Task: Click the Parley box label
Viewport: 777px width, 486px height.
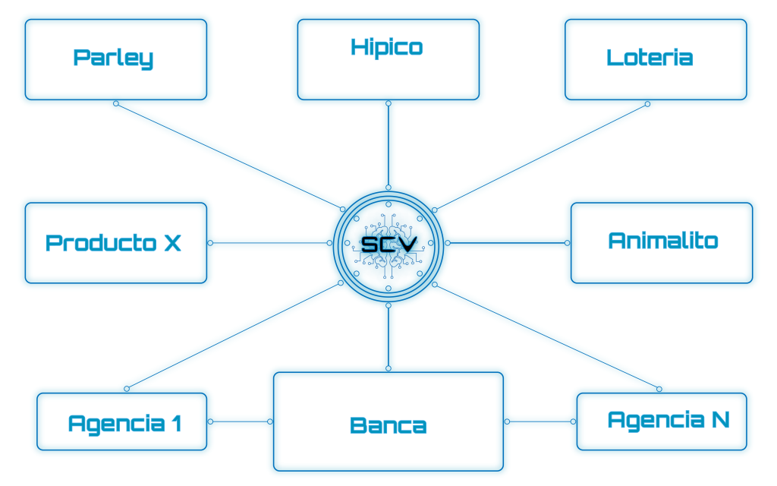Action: click(x=113, y=58)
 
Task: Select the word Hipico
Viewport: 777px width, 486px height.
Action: click(x=387, y=48)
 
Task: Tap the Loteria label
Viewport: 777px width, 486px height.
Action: click(x=650, y=58)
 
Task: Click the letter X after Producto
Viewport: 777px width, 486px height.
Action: click(x=173, y=243)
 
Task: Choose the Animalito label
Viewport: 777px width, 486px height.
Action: click(x=662, y=241)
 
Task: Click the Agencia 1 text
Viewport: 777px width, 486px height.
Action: click(x=124, y=422)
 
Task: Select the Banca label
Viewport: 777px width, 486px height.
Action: click(x=388, y=425)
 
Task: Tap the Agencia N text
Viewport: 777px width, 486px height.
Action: click(x=668, y=419)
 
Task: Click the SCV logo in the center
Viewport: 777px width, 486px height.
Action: click(x=388, y=243)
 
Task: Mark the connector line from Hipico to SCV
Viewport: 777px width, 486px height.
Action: click(x=388, y=144)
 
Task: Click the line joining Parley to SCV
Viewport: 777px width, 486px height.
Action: click(x=228, y=156)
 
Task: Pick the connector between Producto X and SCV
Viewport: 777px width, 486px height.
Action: click(x=269, y=243)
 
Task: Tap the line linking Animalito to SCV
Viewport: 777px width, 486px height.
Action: click(x=508, y=243)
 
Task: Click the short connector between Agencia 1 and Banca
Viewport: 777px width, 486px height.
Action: click(x=240, y=421)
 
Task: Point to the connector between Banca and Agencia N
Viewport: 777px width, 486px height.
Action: click(x=539, y=421)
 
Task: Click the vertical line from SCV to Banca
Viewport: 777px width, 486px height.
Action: click(x=388, y=338)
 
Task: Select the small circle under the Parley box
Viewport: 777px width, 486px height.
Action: click(x=116, y=103)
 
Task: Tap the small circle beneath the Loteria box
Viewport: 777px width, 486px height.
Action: click(x=647, y=103)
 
